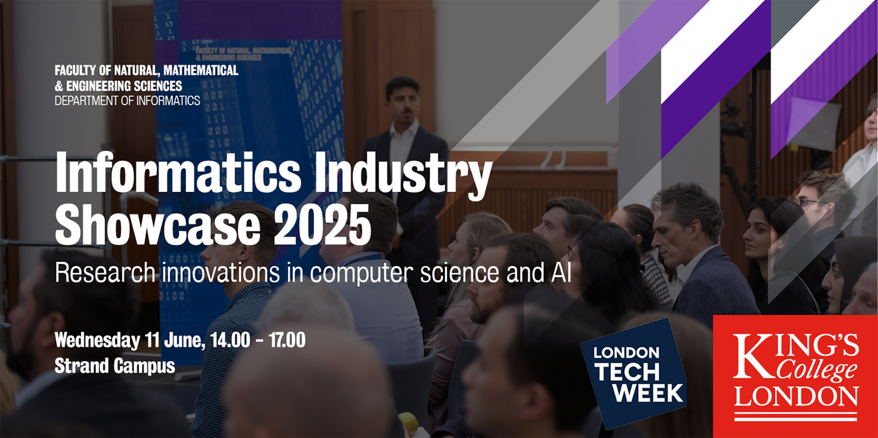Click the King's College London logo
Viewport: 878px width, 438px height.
[x=795, y=376]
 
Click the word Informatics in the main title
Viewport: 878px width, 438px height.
[x=178, y=173]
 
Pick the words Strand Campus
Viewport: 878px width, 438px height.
[x=115, y=366]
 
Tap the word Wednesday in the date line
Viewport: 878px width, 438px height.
[x=97, y=340]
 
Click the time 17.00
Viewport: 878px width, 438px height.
[x=287, y=340]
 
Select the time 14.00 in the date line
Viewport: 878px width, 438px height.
[x=230, y=340]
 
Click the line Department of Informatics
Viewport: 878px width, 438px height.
[x=127, y=101]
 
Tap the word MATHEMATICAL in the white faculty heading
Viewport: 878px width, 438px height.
[x=201, y=70]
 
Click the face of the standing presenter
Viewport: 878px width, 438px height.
[x=403, y=102]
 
